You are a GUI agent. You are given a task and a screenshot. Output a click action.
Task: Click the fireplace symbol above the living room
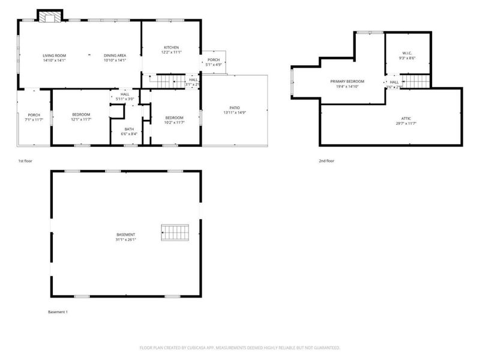click(x=49, y=16)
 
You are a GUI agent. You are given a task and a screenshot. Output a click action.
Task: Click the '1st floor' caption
click(x=26, y=161)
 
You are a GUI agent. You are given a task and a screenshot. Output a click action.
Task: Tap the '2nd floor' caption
click(x=326, y=161)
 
